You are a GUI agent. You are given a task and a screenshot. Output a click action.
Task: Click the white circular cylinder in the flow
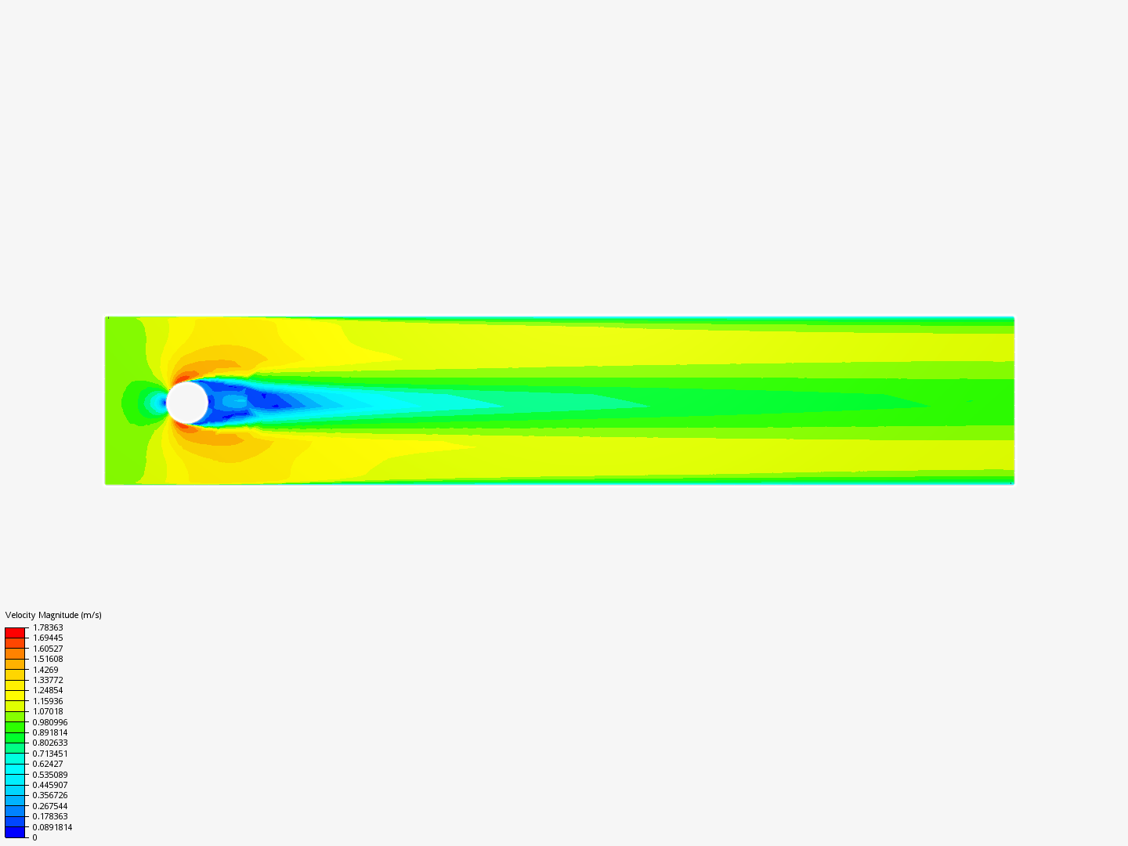pyautogui.click(x=187, y=402)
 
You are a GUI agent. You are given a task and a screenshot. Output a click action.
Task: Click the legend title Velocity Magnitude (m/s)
pyautogui.click(x=53, y=615)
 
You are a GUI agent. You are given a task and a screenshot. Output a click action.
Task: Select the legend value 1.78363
pyautogui.click(x=48, y=627)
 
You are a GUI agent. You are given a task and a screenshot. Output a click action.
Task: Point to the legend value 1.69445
pyautogui.click(x=48, y=638)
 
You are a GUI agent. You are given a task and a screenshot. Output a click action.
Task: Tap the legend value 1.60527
pyautogui.click(x=48, y=649)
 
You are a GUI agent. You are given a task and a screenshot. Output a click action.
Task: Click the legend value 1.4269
pyautogui.click(x=45, y=670)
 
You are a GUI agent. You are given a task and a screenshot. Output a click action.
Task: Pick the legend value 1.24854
pyautogui.click(x=48, y=690)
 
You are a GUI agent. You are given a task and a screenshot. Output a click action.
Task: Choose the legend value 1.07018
pyautogui.click(x=48, y=711)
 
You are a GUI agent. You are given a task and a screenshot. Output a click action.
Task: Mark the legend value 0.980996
pyautogui.click(x=50, y=722)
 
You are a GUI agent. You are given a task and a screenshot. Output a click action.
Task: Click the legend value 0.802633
pyautogui.click(x=50, y=743)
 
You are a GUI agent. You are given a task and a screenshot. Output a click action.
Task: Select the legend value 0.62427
pyautogui.click(x=48, y=764)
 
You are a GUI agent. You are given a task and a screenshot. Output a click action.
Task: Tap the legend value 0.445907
pyautogui.click(x=50, y=785)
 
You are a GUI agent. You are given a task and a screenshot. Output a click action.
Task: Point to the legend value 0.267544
pyautogui.click(x=50, y=806)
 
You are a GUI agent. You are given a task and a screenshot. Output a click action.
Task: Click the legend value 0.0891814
pyautogui.click(x=52, y=827)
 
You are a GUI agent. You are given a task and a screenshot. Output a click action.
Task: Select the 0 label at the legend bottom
pyautogui.click(x=34, y=837)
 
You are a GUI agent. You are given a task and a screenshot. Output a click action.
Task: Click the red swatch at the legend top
pyautogui.click(x=15, y=632)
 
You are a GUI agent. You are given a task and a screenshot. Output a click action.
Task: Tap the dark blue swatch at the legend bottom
pyautogui.click(x=15, y=832)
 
